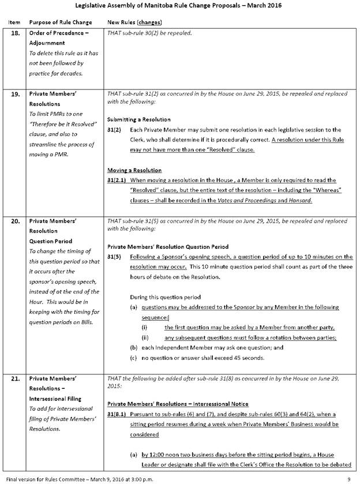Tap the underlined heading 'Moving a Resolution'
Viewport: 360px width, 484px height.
coord(134,170)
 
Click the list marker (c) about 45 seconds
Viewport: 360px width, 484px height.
coord(134,358)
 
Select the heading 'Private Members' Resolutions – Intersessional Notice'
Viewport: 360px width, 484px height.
coord(178,404)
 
